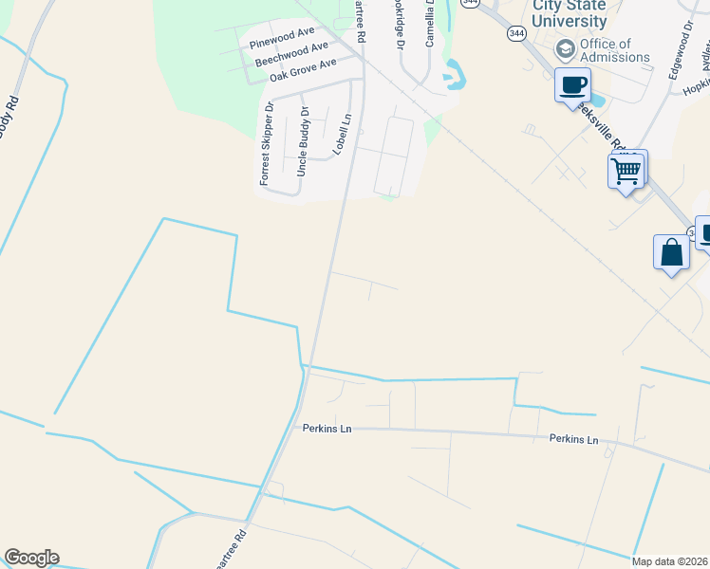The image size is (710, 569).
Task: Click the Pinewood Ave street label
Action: pyautogui.click(x=281, y=38)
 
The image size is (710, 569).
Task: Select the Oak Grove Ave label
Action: pyautogui.click(x=303, y=70)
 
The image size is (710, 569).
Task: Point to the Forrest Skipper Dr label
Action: pyautogui.click(x=267, y=144)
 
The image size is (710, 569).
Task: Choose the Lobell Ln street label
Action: pyautogui.click(x=342, y=135)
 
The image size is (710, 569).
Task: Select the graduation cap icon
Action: pyautogui.click(x=565, y=48)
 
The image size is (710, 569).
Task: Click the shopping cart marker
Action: pyautogui.click(x=626, y=171)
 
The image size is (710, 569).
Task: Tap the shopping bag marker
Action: pyautogui.click(x=671, y=253)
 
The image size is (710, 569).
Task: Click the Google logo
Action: pyautogui.click(x=31, y=558)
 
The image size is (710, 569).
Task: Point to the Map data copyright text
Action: pyautogui.click(x=670, y=561)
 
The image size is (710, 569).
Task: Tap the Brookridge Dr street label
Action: pyautogui.click(x=399, y=25)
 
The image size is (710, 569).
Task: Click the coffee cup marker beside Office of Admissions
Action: pyautogui.click(x=572, y=84)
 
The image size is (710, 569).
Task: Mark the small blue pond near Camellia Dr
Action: pyautogui.click(x=453, y=73)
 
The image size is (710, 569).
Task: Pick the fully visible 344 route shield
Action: pyautogui.click(x=516, y=33)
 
